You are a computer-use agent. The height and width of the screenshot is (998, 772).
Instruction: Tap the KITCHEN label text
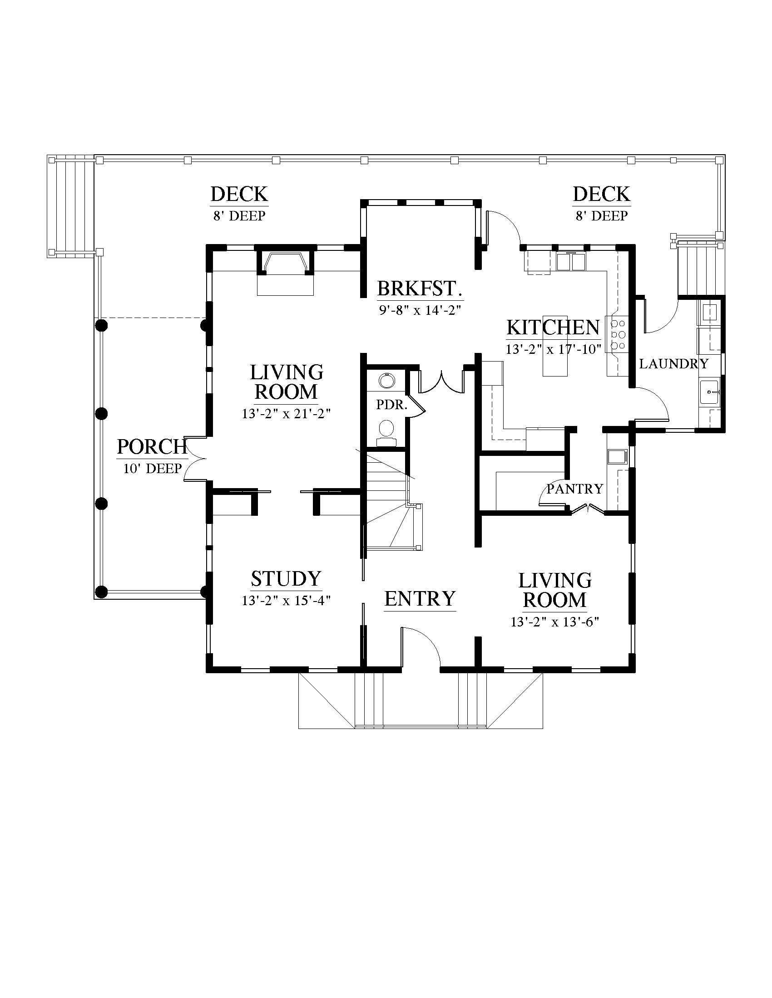(x=553, y=328)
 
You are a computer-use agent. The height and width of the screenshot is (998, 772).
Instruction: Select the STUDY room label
(x=286, y=579)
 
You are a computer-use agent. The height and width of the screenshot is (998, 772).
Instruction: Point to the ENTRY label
(x=420, y=599)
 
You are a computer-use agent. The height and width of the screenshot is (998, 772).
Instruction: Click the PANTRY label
(x=575, y=489)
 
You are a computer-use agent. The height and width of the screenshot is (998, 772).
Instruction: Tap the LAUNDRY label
(x=673, y=364)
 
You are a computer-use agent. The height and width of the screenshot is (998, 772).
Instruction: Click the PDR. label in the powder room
(x=391, y=404)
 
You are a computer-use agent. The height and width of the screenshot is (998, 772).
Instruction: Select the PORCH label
(x=152, y=447)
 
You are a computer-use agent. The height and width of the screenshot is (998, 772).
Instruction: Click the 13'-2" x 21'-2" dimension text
(x=286, y=414)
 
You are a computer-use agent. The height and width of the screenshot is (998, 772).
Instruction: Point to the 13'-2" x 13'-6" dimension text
(x=555, y=622)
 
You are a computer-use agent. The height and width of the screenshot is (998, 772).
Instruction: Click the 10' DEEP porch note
(x=152, y=469)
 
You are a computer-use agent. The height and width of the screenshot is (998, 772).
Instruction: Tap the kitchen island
(x=555, y=346)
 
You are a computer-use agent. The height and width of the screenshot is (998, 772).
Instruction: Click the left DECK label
(x=239, y=194)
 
